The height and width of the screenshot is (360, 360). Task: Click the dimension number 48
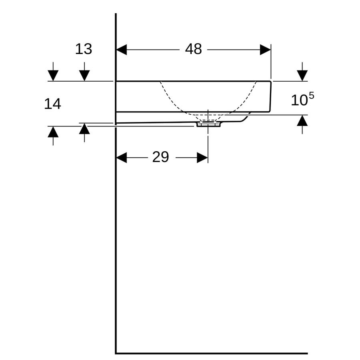[194, 49]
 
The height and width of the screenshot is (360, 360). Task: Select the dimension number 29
[160, 157]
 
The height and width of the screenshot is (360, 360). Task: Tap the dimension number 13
[84, 49]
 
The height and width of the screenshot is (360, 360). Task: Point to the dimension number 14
[52, 104]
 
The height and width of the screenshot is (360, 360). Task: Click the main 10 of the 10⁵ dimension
[299, 100]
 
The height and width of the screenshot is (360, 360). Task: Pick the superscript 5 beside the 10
[311, 96]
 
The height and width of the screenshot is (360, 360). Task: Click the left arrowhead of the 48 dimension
[122, 50]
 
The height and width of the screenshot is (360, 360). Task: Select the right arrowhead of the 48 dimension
[266, 50]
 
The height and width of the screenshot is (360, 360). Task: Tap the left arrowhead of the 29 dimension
[122, 158]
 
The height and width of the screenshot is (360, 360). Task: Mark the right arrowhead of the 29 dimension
[202, 158]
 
